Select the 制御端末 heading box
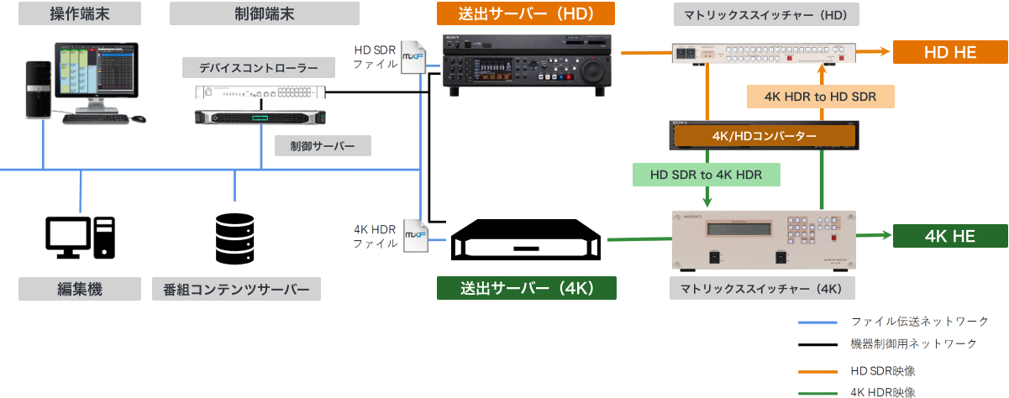tap(264, 13)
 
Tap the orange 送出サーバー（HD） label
tap(526, 13)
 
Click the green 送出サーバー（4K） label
tap(527, 288)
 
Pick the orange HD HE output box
tap(949, 52)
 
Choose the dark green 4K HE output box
tap(949, 236)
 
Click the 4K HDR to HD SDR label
tap(820, 97)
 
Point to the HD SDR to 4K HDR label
tap(707, 175)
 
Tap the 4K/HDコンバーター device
tap(764, 135)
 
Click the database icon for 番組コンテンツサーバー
tap(234, 237)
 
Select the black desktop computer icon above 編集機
tap(80, 237)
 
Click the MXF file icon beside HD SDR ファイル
tap(413, 57)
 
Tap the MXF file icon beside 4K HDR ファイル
tap(415, 236)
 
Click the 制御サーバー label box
tap(323, 146)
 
